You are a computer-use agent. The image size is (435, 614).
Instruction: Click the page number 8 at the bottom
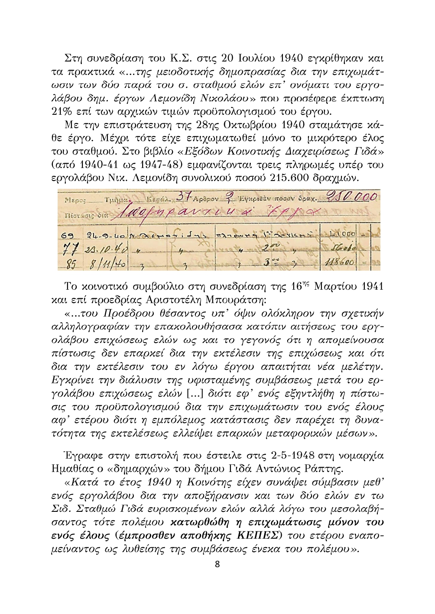click(x=217, y=564)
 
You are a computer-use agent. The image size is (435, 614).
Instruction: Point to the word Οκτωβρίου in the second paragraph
click(x=249, y=126)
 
